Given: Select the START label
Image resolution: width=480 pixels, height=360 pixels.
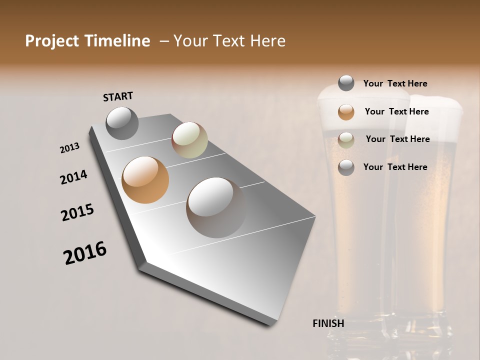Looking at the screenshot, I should click(118, 96).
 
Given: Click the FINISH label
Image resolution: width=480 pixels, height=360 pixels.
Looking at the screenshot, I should click(328, 323).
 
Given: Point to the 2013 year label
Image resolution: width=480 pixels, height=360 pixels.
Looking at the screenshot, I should click(69, 148).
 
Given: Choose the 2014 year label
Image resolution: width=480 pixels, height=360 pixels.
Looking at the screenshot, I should click(73, 177).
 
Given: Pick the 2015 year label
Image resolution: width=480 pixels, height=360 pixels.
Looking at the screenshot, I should click(77, 212).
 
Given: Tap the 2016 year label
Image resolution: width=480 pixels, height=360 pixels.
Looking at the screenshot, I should click(85, 253).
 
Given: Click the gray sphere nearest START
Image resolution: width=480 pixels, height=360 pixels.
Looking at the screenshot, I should click(122, 123).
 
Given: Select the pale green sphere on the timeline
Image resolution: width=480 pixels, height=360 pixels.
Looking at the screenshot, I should click(189, 140).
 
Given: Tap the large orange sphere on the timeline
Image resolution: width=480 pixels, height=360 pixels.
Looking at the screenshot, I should click(145, 180).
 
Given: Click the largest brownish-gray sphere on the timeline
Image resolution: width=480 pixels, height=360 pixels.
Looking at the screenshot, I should click(216, 207).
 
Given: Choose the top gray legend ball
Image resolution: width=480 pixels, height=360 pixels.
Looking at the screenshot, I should click(346, 83).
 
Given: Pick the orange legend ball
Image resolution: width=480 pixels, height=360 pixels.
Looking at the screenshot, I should click(346, 112).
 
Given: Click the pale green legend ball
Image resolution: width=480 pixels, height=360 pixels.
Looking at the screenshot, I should click(346, 140).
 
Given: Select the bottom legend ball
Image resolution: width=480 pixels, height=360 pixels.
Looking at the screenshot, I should click(346, 167).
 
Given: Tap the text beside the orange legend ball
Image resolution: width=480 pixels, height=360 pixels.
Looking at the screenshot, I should click(396, 111).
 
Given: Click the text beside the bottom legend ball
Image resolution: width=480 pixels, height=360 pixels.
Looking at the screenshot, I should click(395, 167).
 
